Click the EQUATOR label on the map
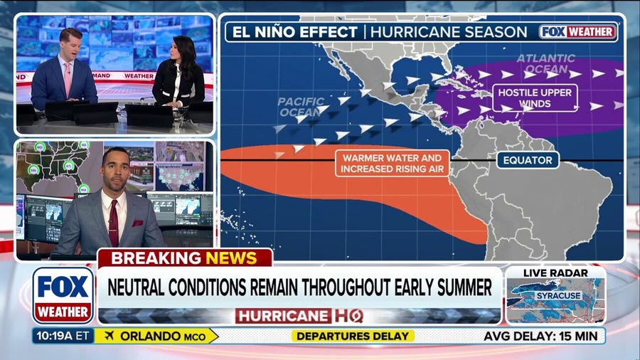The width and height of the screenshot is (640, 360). tap(528, 160)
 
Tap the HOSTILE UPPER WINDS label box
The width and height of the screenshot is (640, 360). tap(526, 97)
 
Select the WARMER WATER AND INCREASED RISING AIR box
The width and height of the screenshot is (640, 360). tap(392, 163)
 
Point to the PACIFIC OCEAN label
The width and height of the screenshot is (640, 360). tap(299, 107)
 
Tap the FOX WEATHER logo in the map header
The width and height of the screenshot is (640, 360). tap(577, 32)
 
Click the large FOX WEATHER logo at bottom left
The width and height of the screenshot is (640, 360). tap(63, 295)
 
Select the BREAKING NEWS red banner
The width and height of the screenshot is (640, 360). tap(184, 258)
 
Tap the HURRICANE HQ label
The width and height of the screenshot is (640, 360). tap(299, 315)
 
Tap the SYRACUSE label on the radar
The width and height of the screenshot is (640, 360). tap(559, 295)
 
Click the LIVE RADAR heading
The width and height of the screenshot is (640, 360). tap(555, 273)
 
